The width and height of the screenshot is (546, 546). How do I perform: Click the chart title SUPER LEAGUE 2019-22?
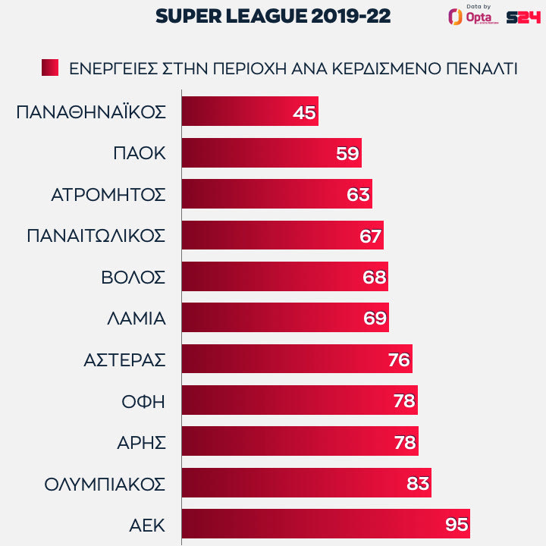(274, 17)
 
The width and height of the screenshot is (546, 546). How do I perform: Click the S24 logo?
(522, 17)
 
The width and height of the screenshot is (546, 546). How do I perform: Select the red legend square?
(50, 67)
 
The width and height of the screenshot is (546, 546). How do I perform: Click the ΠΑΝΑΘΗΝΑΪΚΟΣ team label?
(90, 112)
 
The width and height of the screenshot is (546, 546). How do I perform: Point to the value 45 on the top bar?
(303, 112)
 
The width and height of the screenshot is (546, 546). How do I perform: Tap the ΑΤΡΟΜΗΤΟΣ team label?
(108, 194)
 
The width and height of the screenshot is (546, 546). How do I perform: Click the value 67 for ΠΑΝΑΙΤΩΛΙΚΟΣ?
(370, 236)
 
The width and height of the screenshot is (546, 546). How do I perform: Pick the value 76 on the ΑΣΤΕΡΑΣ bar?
(399, 359)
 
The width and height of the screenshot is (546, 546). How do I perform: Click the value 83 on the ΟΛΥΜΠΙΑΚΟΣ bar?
(418, 483)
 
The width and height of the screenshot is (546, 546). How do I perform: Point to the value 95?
(457, 524)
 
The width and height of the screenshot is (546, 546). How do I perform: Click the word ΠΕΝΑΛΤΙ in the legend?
(480, 67)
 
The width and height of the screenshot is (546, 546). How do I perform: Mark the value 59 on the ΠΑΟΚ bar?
(347, 153)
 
